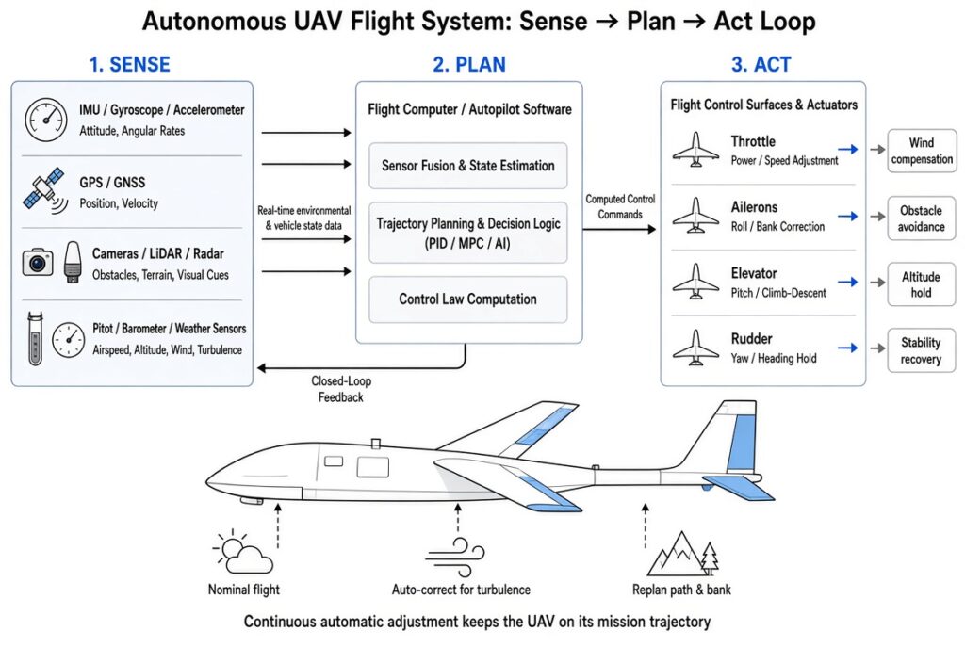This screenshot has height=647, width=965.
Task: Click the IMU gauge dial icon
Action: pos(45,120)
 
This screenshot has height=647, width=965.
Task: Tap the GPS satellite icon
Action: pos(45,190)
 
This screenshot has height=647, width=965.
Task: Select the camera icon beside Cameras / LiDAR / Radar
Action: pos(38,262)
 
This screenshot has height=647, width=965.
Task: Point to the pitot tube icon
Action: pos(35,338)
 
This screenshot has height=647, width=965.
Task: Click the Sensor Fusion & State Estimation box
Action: pos(467,166)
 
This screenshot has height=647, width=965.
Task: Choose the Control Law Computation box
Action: pos(467,299)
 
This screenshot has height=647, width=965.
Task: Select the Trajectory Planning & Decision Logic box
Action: pos(467,233)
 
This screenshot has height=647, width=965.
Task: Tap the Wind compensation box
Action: pos(922,151)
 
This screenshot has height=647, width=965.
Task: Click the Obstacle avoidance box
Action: pos(922,218)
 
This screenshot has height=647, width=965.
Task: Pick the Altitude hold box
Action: pos(922,284)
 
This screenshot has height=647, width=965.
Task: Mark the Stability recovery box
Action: pos(922,350)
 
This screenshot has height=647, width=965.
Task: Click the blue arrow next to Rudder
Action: pos(848,348)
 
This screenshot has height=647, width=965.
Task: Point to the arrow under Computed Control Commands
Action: pos(619,230)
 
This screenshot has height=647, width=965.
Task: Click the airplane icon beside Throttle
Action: pos(695,150)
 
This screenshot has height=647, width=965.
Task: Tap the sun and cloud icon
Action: pos(242,550)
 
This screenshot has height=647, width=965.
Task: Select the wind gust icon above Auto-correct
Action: pos(455,558)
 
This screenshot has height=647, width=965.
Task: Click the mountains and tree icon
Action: pos(682,554)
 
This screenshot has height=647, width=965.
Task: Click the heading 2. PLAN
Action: pos(469,65)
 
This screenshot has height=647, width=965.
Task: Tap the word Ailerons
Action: pos(754,207)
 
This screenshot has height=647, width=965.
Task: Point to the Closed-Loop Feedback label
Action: pos(341,389)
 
